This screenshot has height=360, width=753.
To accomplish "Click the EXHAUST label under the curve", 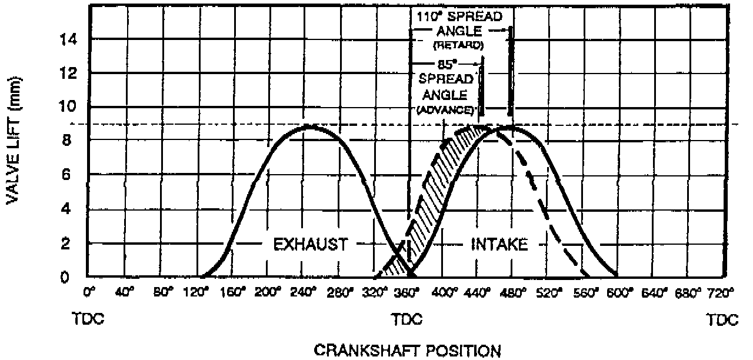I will tap(311, 244).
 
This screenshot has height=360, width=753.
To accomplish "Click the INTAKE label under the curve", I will tap(499, 244).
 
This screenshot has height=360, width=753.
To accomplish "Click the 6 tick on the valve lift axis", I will tap(68, 175).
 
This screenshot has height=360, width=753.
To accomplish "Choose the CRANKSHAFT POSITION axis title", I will tap(408, 351).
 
